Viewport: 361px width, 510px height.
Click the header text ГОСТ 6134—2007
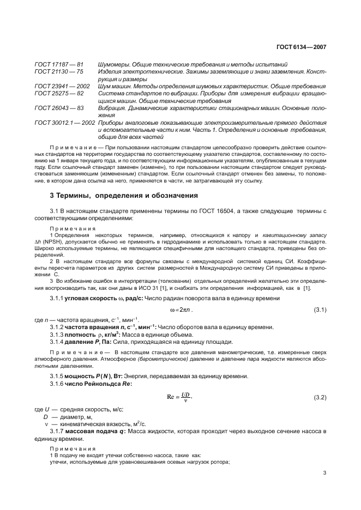coord(302,47)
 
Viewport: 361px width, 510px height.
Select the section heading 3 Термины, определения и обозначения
coord(120,195)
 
